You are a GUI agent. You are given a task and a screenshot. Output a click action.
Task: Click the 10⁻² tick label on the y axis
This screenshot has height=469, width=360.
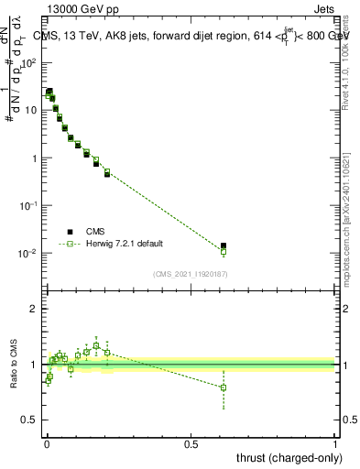pyautogui.click(x=31, y=253)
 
